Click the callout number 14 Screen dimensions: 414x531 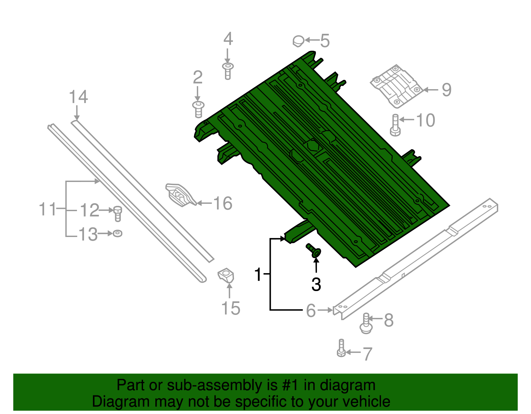pyautogui.click(x=78, y=97)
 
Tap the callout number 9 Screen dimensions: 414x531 pyautogui.click(x=446, y=90)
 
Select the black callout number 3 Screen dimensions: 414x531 pyautogui.click(x=316, y=285)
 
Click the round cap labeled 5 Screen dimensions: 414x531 pyautogui.click(x=298, y=41)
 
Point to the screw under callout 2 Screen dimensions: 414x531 pyautogui.click(x=198, y=109)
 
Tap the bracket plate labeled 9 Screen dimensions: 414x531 pyautogui.click(x=396, y=87)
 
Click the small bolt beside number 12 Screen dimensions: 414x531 pyautogui.click(x=117, y=213)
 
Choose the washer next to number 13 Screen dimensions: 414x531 pyautogui.click(x=117, y=233)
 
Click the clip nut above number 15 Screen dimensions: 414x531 pyautogui.click(x=226, y=276)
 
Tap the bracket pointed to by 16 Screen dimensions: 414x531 pyautogui.click(x=180, y=196)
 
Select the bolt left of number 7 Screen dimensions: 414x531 pyautogui.click(x=341, y=349)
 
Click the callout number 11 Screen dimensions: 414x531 pyautogui.click(x=47, y=209)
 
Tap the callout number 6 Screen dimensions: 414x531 pyautogui.click(x=311, y=311)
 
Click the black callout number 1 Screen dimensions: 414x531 pyautogui.click(x=258, y=274)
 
